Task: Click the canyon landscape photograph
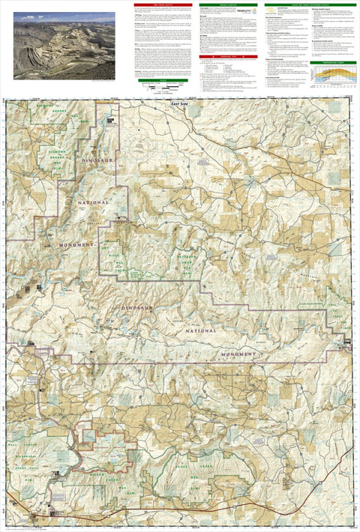click(x=64, y=46)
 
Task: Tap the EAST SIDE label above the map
click(x=180, y=103)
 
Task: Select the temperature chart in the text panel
click(x=330, y=72)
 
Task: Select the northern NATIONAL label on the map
click(x=94, y=202)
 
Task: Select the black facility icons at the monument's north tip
click(x=110, y=120)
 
